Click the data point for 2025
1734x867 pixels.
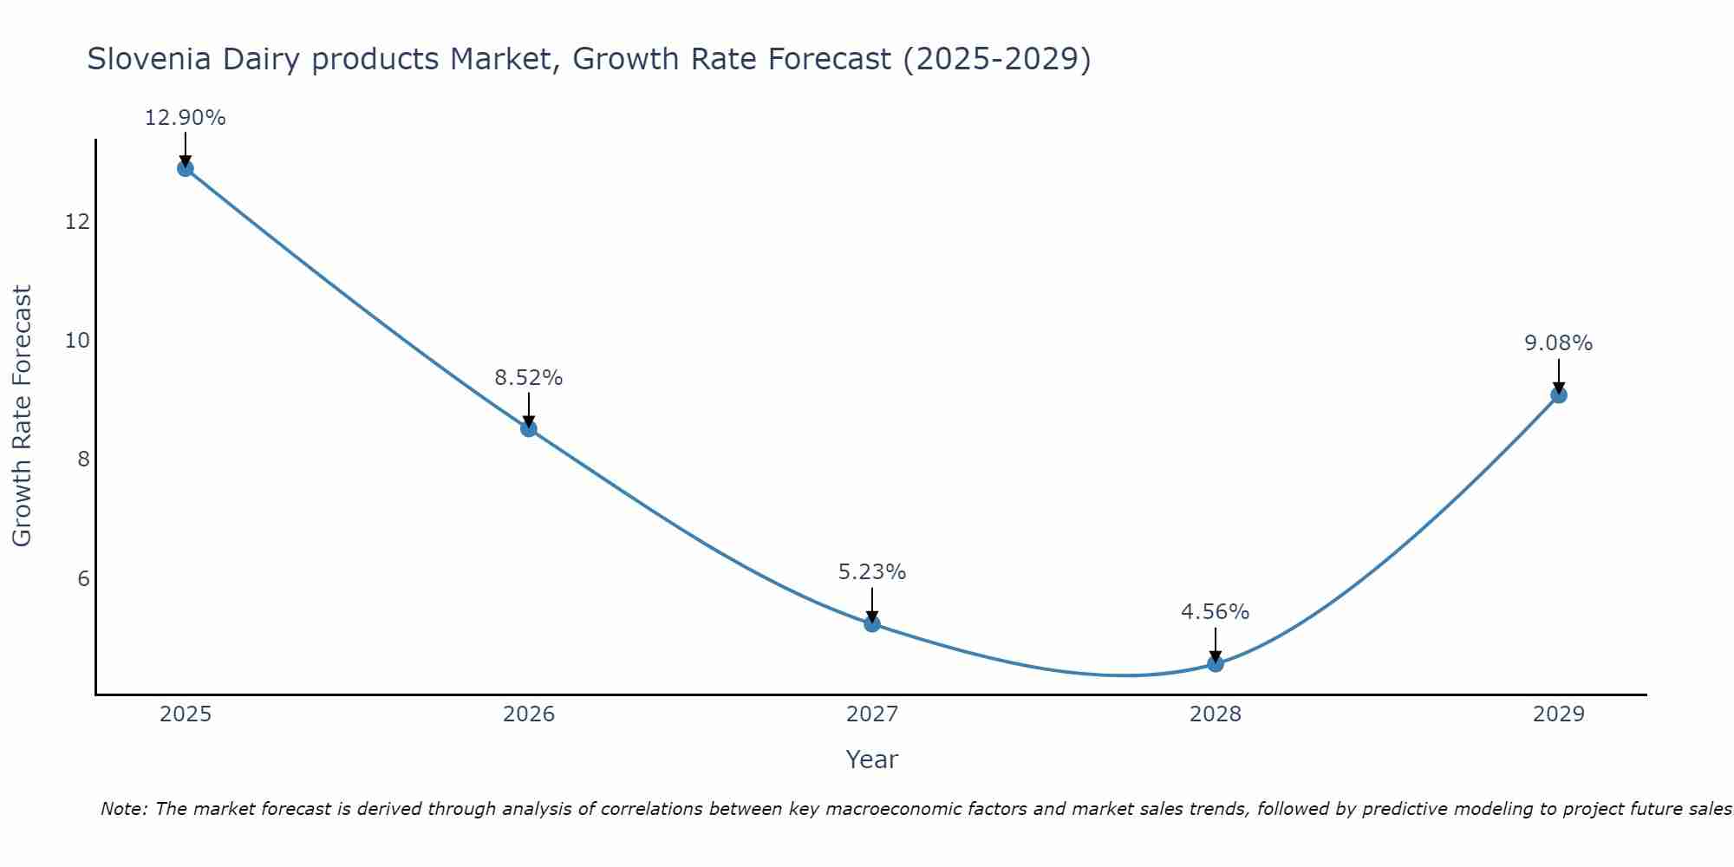(185, 168)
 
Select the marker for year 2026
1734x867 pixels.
(529, 428)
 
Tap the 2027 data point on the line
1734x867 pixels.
(872, 623)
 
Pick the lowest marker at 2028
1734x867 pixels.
(1216, 663)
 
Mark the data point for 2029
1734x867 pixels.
(1558, 395)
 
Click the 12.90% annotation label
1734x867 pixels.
(185, 118)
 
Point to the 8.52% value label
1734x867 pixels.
(529, 378)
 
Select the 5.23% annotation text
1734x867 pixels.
(872, 572)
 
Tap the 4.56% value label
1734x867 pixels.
(1216, 612)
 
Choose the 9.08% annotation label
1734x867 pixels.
(1558, 343)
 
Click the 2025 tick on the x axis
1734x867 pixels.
(186, 714)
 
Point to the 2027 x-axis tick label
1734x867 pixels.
(872, 714)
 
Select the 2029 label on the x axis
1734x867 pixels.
(1558, 714)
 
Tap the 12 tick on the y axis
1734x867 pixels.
(77, 222)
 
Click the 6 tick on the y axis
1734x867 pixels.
(83, 578)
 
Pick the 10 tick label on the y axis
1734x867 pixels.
(77, 341)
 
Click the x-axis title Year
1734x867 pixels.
(872, 759)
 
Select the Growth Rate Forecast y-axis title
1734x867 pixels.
(22, 416)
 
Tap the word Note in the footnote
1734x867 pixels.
(124, 809)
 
